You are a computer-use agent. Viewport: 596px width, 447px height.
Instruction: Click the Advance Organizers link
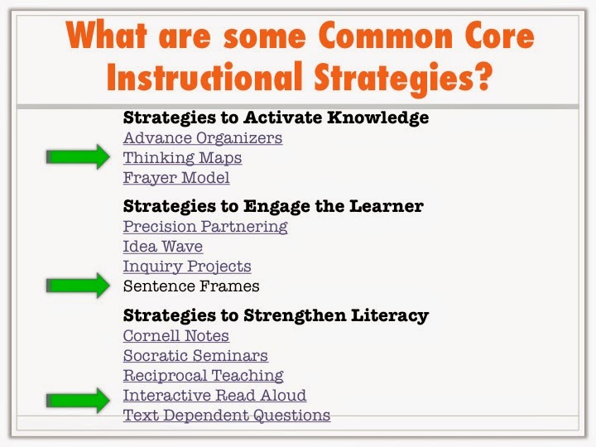(203, 137)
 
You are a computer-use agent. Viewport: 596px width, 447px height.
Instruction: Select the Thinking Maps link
(182, 157)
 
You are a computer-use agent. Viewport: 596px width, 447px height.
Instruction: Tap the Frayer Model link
(176, 177)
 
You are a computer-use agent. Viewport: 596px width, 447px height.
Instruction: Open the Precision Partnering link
(205, 226)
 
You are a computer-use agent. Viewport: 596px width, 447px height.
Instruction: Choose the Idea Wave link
(162, 246)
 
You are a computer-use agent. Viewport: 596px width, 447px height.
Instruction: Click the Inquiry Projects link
(187, 267)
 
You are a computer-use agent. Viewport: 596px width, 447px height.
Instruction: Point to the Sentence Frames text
(191, 286)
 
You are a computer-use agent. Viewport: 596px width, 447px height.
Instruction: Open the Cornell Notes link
(176, 336)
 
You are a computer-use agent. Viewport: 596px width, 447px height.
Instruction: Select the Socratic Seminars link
(195, 356)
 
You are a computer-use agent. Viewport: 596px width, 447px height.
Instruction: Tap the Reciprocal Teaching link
(204, 376)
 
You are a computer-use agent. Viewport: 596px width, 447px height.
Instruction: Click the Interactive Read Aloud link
(214, 396)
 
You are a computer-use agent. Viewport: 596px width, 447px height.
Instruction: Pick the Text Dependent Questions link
(227, 416)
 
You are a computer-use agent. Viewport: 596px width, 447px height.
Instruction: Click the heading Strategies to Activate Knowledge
(276, 118)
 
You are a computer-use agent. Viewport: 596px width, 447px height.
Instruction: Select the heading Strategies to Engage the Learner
(273, 206)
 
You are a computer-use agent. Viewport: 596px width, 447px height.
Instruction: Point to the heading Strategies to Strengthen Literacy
(276, 315)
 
